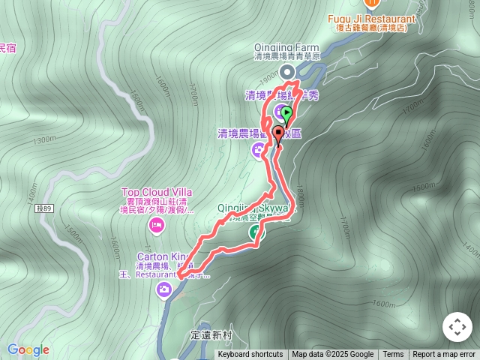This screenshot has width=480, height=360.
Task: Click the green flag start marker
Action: [x=286, y=112]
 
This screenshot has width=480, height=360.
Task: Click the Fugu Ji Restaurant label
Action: [x=372, y=19]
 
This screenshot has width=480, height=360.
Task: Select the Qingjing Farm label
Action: [x=286, y=47]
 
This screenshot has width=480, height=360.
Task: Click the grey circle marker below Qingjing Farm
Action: [x=286, y=71]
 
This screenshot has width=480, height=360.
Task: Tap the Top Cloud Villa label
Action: [x=157, y=191]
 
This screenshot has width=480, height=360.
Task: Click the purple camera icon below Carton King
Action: [x=164, y=291]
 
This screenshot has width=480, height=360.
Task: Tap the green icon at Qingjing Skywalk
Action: [x=256, y=232]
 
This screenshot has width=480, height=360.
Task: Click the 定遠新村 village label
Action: [x=212, y=335]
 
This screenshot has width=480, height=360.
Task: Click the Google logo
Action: [x=28, y=349]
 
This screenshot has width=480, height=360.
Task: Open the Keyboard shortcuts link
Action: [x=250, y=355]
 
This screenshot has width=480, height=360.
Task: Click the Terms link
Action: [x=393, y=355]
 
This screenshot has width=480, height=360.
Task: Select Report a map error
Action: [x=444, y=355]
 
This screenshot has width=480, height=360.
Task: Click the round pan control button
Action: [x=457, y=327]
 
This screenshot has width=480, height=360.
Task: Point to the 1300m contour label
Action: [x=45, y=139]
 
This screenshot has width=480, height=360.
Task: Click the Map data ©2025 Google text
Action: [x=332, y=355]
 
